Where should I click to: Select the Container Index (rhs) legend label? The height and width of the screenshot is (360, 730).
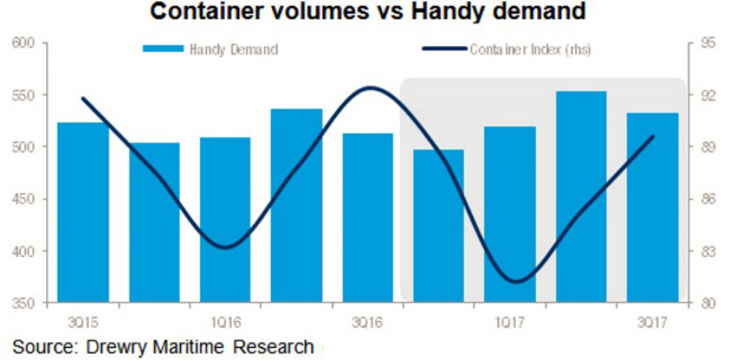pyautogui.click(x=530, y=49)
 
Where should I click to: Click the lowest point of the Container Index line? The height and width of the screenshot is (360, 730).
pyautogui.click(x=518, y=281)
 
